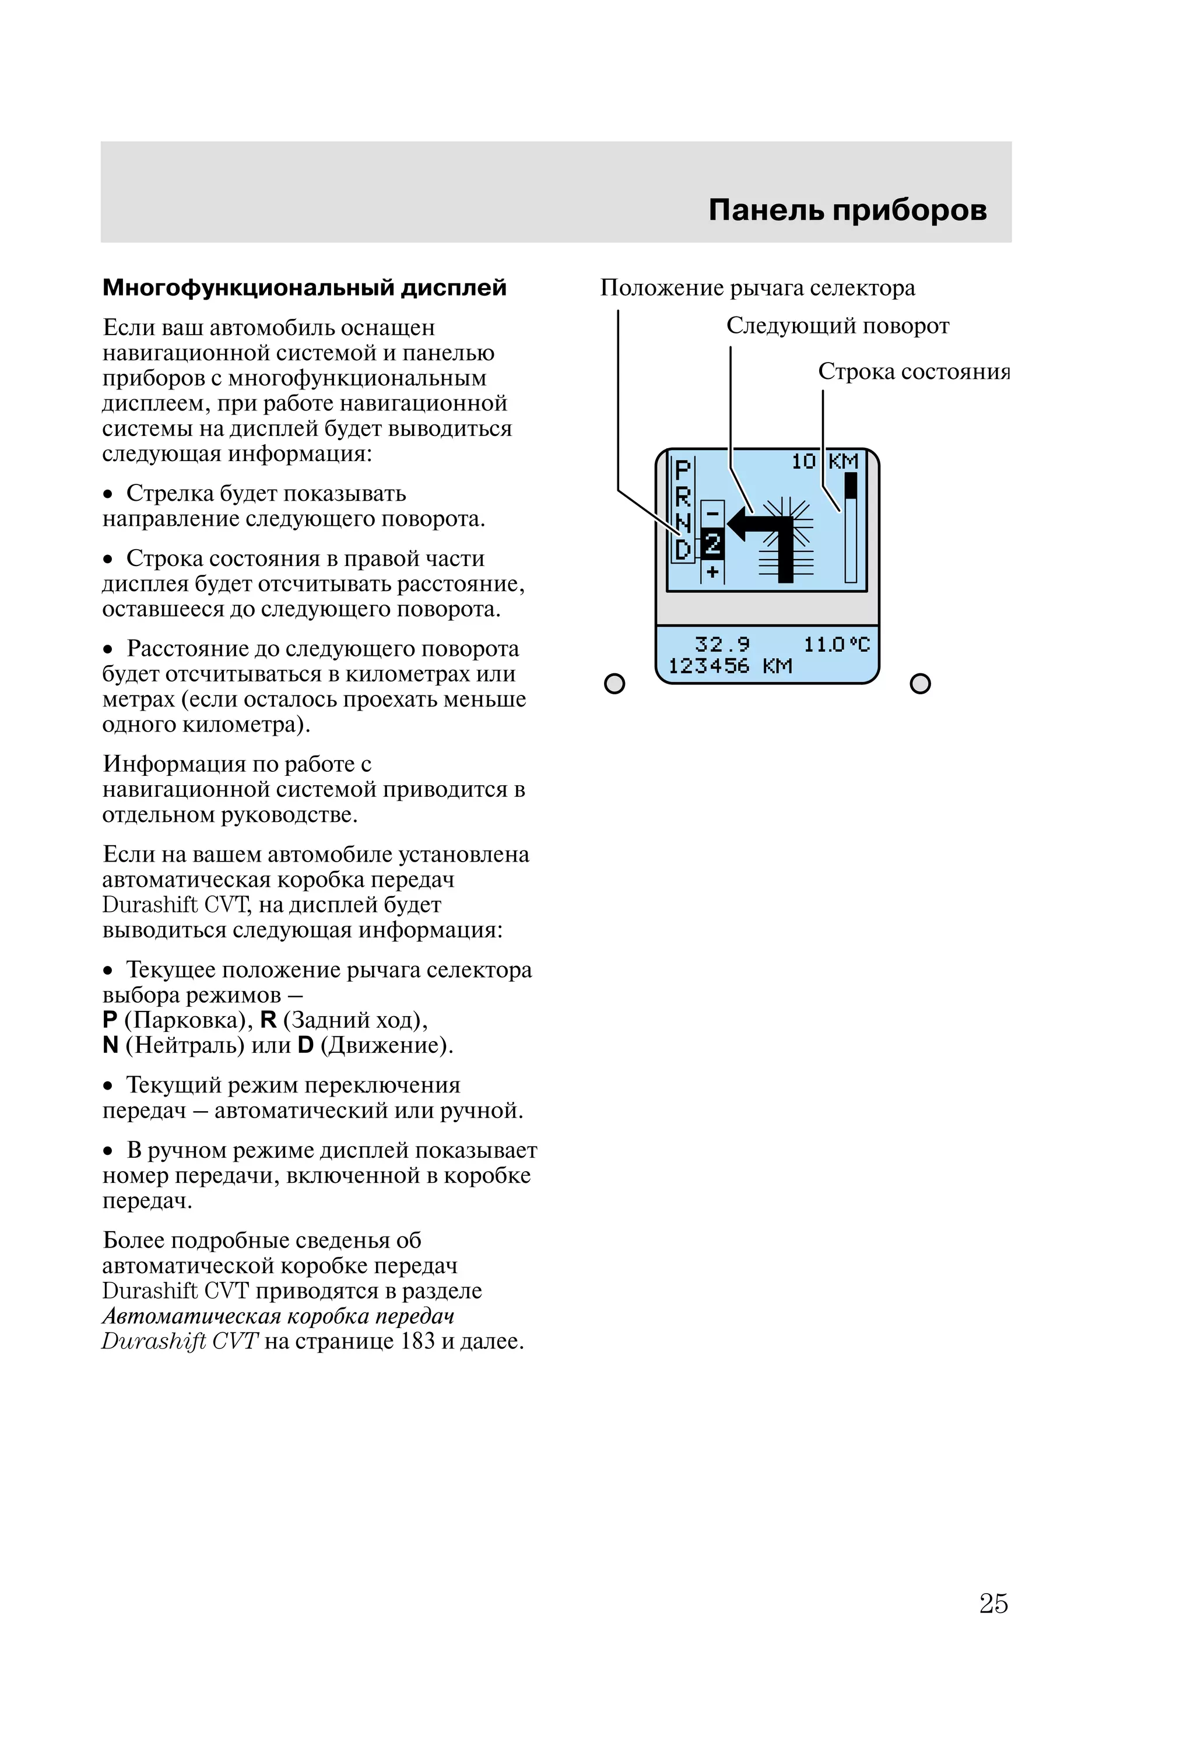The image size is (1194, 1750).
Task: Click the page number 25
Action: pyautogui.click(x=993, y=1603)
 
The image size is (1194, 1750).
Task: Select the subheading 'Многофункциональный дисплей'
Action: pyautogui.click(x=304, y=287)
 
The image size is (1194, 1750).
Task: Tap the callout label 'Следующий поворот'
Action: pyautogui.click(x=837, y=326)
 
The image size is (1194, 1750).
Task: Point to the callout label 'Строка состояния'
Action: pyautogui.click(x=914, y=372)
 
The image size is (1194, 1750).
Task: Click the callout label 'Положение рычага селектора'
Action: pyautogui.click(x=757, y=287)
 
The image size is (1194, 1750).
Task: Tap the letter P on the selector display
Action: pyautogui.click(x=683, y=470)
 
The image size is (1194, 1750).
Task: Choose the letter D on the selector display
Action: pyautogui.click(x=683, y=550)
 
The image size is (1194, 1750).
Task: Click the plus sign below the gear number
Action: pyautogui.click(x=712, y=572)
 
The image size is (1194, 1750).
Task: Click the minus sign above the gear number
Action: pyautogui.click(x=712, y=514)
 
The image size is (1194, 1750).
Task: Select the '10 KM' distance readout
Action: pyautogui.click(x=824, y=462)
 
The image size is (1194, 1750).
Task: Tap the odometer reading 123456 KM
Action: pyautogui.click(x=730, y=666)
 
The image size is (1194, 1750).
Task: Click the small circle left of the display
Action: pyautogui.click(x=614, y=684)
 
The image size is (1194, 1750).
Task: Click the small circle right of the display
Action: pyautogui.click(x=920, y=684)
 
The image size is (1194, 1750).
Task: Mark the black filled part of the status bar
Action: pyautogui.click(x=851, y=486)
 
